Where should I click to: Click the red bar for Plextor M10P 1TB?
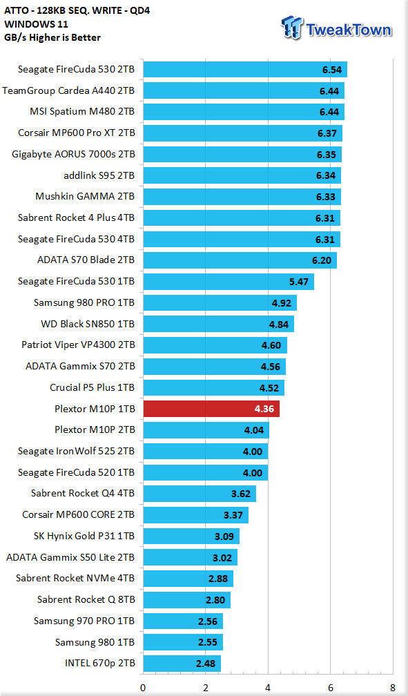(211, 409)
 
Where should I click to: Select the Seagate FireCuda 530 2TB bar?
(245, 70)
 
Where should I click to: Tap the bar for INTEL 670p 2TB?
(182, 664)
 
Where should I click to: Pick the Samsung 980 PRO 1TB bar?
(220, 302)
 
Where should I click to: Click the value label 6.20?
(322, 260)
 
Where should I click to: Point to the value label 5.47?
(299, 282)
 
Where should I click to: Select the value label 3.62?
(241, 494)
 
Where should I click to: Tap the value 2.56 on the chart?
(208, 621)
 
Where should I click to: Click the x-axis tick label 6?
(330, 688)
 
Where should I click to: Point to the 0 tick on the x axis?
(143, 688)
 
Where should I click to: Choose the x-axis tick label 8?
(393, 688)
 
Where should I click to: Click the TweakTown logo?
(336, 28)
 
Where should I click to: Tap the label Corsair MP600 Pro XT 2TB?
(77, 133)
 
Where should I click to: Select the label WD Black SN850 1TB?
(88, 324)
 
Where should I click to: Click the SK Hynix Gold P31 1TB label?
(84, 536)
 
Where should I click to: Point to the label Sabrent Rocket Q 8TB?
(86, 599)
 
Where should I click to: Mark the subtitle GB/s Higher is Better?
(52, 38)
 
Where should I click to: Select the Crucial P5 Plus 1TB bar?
(213, 387)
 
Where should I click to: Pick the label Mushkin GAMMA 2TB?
(85, 196)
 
